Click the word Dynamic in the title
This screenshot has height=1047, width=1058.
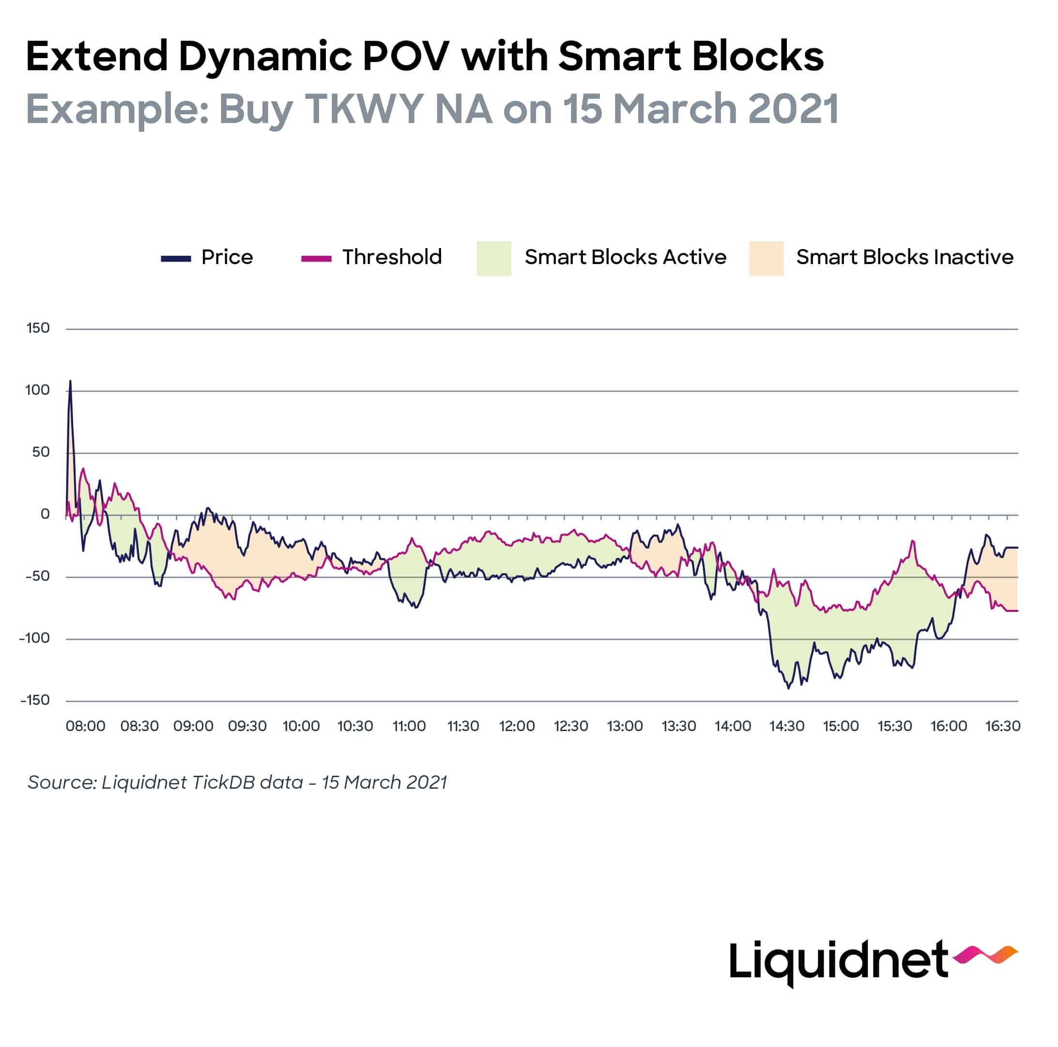tap(264, 58)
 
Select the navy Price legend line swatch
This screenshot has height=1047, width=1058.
tap(175, 259)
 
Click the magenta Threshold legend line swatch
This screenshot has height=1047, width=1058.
tap(316, 259)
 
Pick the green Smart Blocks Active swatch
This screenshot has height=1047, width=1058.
tap(493, 258)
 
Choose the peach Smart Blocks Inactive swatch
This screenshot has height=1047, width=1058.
tap(766, 258)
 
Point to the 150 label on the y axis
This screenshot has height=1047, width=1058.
tap(38, 328)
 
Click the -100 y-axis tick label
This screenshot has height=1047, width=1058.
tap(34, 638)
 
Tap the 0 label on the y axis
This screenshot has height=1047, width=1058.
tap(45, 514)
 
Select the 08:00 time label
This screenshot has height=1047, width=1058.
tap(85, 726)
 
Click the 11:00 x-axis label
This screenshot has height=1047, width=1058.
tap(409, 726)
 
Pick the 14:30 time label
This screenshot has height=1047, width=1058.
tap(786, 726)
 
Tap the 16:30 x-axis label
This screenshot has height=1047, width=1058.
tap(1002, 726)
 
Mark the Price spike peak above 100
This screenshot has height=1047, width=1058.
tap(70, 381)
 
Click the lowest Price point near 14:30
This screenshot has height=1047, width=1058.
tap(789, 688)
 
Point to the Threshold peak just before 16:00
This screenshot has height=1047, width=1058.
tap(913, 541)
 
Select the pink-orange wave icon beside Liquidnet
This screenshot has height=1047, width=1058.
tap(984, 954)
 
